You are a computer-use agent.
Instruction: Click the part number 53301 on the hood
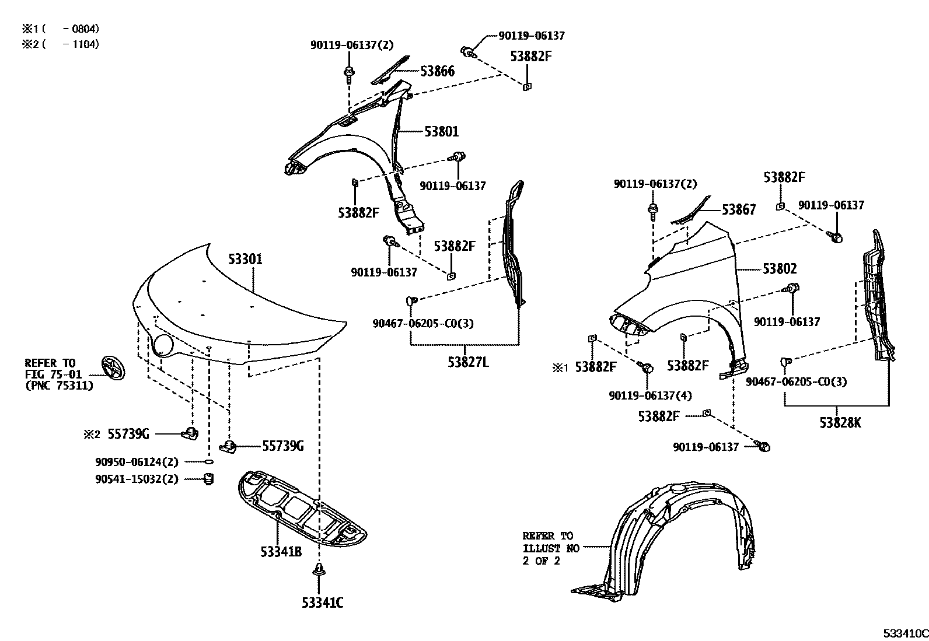(x=245, y=259)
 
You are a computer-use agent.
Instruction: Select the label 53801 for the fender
(x=441, y=132)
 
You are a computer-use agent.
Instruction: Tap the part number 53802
(x=779, y=269)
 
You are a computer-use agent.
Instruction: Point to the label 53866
(x=437, y=71)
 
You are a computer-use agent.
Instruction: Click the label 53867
(x=738, y=210)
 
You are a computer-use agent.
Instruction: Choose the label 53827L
(x=468, y=362)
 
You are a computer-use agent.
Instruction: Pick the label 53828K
(x=840, y=423)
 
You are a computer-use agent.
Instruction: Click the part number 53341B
(x=281, y=551)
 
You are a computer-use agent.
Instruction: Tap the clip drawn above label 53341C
(x=319, y=570)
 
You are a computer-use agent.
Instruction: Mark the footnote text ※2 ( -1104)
(x=61, y=44)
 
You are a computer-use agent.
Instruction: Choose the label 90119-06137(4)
(x=650, y=395)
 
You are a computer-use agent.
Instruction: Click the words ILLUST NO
(x=551, y=548)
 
